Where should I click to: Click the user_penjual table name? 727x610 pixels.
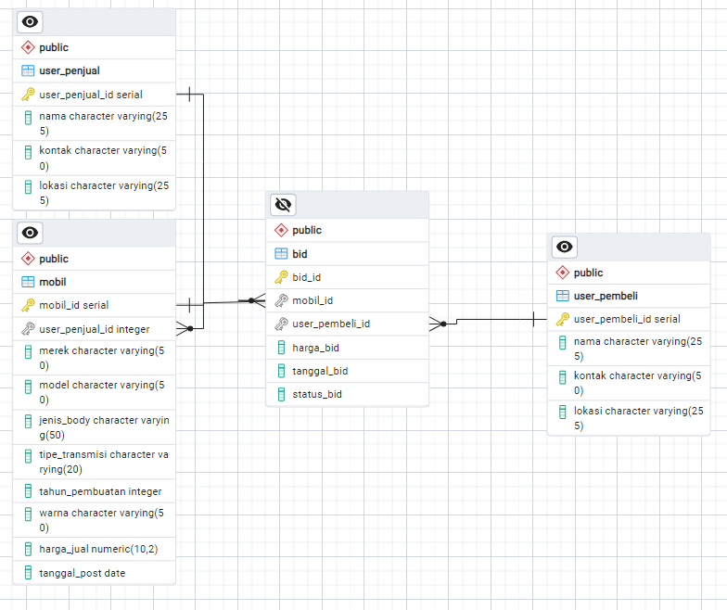click(x=70, y=70)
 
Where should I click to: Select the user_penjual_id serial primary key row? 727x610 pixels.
click(x=90, y=94)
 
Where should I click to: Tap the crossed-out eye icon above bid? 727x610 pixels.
click(x=284, y=204)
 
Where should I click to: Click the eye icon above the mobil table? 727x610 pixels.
click(x=31, y=233)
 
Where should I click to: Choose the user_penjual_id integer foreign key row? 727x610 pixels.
click(x=94, y=328)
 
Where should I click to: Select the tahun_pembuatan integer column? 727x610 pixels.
click(x=100, y=491)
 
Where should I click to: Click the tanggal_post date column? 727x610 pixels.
click(x=82, y=573)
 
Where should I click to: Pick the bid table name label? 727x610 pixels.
click(x=300, y=254)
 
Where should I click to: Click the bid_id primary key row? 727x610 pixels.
click(x=306, y=277)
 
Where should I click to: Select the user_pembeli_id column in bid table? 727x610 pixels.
click(x=331, y=324)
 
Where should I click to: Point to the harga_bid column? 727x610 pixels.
click(x=315, y=348)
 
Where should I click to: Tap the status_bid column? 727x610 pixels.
click(x=317, y=394)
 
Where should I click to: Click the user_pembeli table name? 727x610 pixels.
click(x=606, y=296)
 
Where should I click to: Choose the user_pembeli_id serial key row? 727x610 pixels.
click(x=627, y=319)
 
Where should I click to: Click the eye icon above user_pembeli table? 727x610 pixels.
click(x=565, y=247)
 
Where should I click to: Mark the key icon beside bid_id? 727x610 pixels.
click(x=281, y=277)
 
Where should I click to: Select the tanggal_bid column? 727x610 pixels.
click(x=320, y=371)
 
